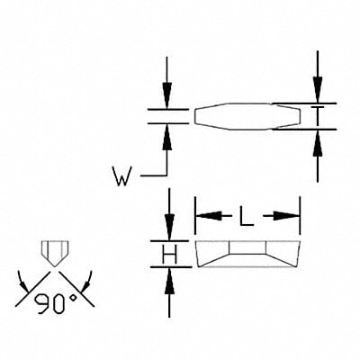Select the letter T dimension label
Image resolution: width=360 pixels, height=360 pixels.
(x=317, y=115)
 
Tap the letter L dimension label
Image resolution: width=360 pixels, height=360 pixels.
(x=247, y=215)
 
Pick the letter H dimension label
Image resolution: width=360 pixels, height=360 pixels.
(x=168, y=256)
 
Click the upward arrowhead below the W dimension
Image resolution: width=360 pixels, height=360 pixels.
(x=167, y=134)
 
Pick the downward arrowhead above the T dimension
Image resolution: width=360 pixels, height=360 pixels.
(x=317, y=90)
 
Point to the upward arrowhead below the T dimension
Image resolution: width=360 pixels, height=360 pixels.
(x=317, y=140)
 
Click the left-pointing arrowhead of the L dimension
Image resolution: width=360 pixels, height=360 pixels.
(x=205, y=215)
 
